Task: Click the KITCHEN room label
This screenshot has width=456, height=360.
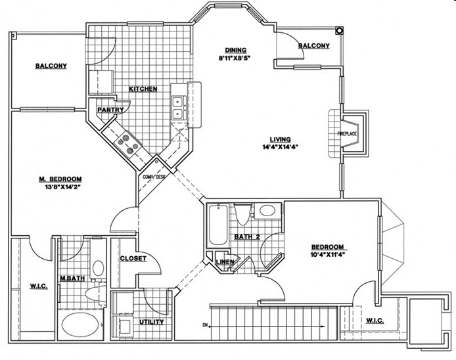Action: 143,89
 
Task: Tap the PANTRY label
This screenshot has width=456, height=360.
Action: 110,110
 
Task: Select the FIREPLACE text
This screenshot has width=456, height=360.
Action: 347,134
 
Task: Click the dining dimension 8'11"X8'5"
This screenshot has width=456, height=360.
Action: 235,58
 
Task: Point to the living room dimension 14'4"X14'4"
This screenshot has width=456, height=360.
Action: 281,147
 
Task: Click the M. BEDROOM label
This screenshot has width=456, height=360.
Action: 60,179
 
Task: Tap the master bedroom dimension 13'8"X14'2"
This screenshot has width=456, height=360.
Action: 61,187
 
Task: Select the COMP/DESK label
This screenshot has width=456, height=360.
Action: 154,177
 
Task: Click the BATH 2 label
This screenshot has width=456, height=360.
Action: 247,236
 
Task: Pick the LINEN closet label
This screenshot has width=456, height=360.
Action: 225,261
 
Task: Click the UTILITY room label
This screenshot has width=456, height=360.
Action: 151,322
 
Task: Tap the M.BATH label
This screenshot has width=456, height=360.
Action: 72,279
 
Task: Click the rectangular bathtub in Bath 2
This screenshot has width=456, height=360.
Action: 217,225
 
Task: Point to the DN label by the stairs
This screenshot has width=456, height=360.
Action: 205,325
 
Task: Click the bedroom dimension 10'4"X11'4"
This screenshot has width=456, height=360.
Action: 327,255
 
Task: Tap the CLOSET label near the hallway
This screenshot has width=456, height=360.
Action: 133,258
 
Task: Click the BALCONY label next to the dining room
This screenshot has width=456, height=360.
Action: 314,45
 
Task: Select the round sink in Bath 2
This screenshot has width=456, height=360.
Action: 267,210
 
